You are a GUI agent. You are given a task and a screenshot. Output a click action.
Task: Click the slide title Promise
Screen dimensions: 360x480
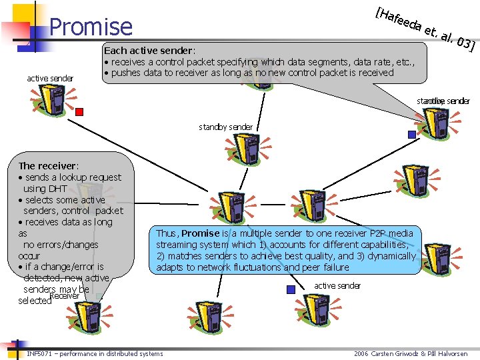pos(91,27)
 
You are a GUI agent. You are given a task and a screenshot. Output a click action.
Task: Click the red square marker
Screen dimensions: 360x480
pos(79,111)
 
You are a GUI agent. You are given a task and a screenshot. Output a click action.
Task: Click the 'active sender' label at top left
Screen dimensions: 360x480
pos(50,79)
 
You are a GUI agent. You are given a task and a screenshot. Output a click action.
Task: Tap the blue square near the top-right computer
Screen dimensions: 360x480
pos(411,134)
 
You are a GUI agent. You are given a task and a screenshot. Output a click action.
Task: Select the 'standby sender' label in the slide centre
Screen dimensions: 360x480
pos(225,127)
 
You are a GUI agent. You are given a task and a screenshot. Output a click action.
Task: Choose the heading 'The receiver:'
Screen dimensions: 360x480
pos(49,165)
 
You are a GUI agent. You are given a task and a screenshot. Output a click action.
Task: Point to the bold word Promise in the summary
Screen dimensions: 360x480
pos(200,233)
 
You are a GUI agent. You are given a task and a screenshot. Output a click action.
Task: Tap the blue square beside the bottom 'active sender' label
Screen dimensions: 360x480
pos(290,289)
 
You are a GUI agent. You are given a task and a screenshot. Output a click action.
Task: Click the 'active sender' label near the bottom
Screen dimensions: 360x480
pos(337,285)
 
